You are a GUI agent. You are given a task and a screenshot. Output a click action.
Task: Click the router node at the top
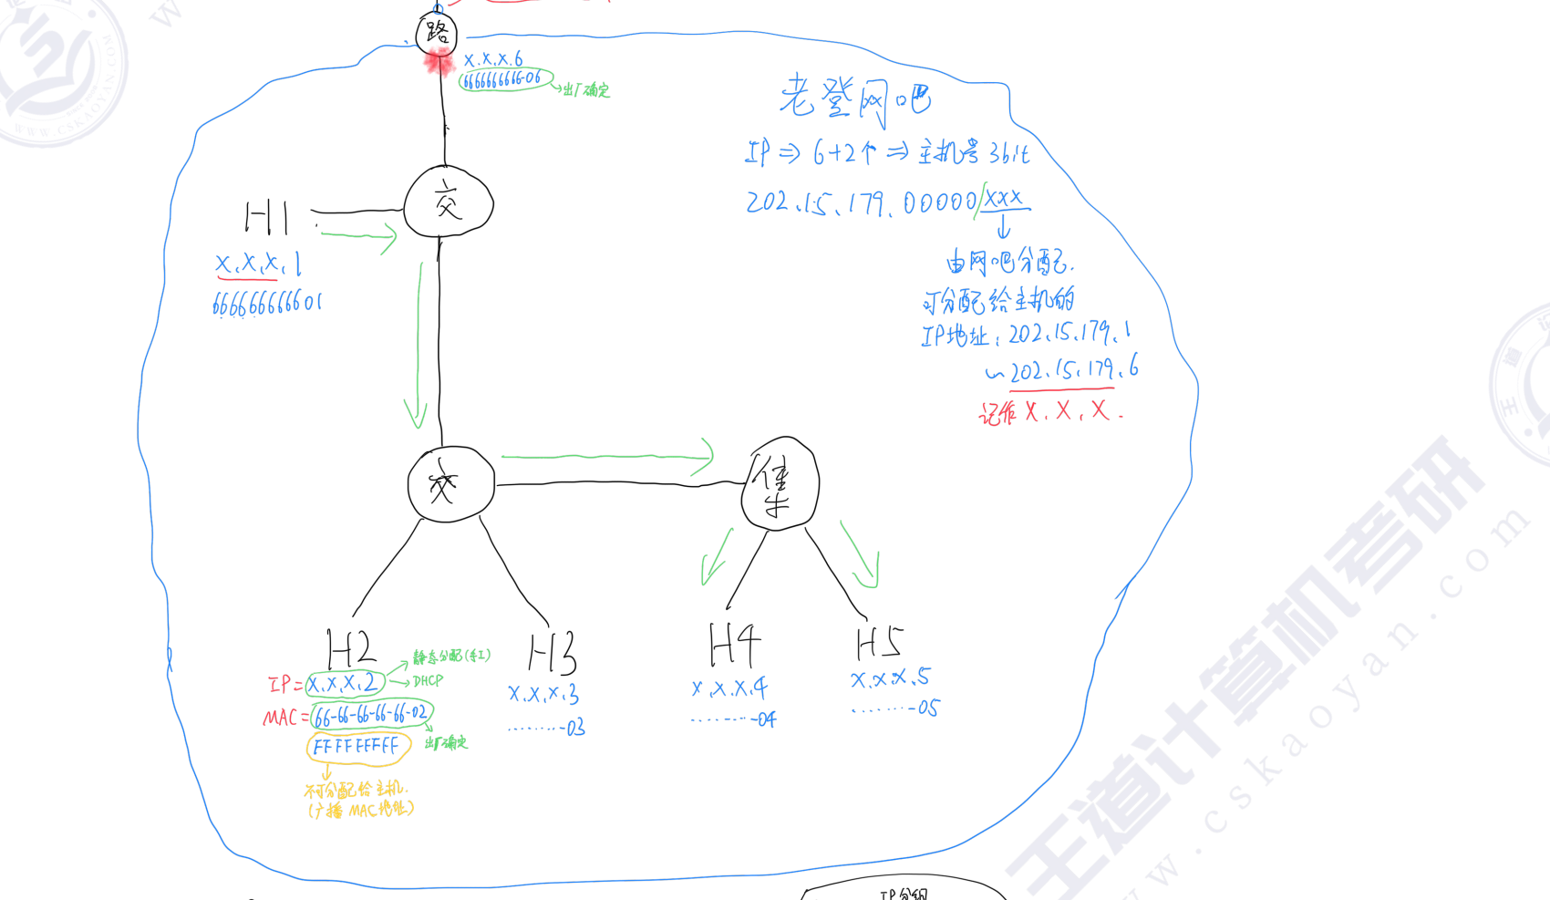tap(437, 34)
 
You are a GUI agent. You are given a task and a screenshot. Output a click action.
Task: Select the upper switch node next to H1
tap(448, 202)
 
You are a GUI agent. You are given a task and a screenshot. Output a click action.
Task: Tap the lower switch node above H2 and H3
tap(450, 484)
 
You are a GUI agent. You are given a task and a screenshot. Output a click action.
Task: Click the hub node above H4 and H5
tap(780, 484)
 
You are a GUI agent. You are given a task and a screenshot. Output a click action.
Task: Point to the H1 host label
tap(267, 219)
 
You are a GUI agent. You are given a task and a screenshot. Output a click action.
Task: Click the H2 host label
tap(351, 649)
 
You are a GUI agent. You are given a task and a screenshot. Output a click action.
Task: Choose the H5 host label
tap(879, 642)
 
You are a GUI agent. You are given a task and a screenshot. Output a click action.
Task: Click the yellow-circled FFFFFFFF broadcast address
tap(356, 748)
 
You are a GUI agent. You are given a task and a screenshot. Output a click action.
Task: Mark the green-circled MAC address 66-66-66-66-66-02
tap(371, 714)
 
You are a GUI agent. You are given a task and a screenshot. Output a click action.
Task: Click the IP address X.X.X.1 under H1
tap(258, 265)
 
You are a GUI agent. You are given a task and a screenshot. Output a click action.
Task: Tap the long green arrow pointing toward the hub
tap(606, 455)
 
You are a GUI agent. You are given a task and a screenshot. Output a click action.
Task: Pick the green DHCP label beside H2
tap(428, 681)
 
